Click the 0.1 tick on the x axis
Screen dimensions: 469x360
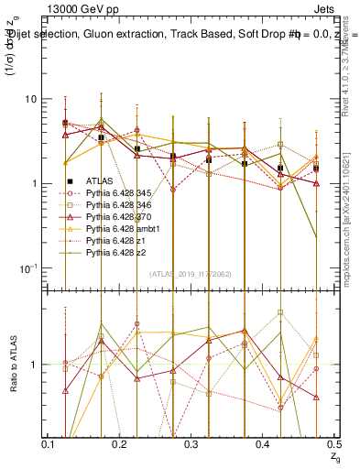click(x=48, y=444)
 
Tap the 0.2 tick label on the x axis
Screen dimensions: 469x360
click(x=119, y=444)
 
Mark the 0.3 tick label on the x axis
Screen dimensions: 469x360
click(x=191, y=444)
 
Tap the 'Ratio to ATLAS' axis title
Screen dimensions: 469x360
click(x=12, y=365)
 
